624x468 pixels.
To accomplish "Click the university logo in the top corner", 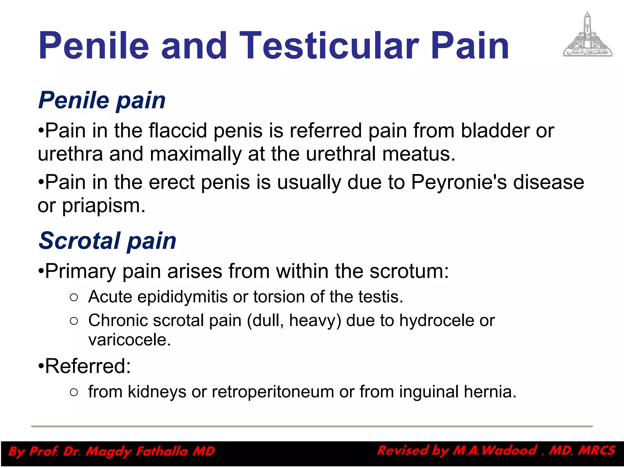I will [x=587, y=35].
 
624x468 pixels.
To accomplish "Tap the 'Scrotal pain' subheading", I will [x=107, y=240].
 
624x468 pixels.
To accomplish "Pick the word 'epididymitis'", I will [x=182, y=297].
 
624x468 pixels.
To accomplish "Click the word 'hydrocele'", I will [x=436, y=321].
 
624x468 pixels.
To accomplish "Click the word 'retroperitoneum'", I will [x=273, y=392].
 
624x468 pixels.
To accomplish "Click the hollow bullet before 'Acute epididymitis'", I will [x=74, y=297].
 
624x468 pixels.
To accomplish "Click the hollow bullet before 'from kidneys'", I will [x=74, y=392].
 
